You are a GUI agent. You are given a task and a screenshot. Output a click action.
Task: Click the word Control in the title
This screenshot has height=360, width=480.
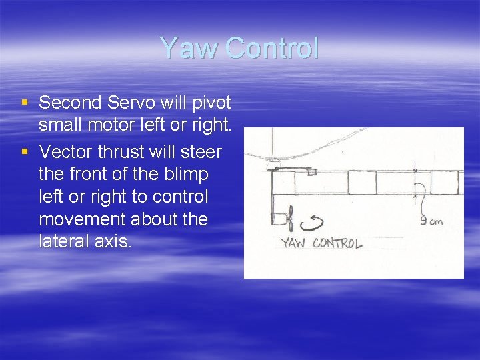[272, 49]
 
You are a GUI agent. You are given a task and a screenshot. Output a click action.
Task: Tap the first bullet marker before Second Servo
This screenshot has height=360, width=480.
[25, 103]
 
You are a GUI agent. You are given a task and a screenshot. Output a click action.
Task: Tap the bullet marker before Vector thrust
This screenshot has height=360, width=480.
[25, 152]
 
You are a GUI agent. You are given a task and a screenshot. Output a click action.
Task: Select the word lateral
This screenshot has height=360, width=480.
[65, 241]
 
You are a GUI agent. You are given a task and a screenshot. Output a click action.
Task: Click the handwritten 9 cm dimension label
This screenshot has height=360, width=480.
[431, 221]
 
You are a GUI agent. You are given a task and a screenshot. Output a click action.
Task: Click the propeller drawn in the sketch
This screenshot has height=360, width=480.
[291, 218]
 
